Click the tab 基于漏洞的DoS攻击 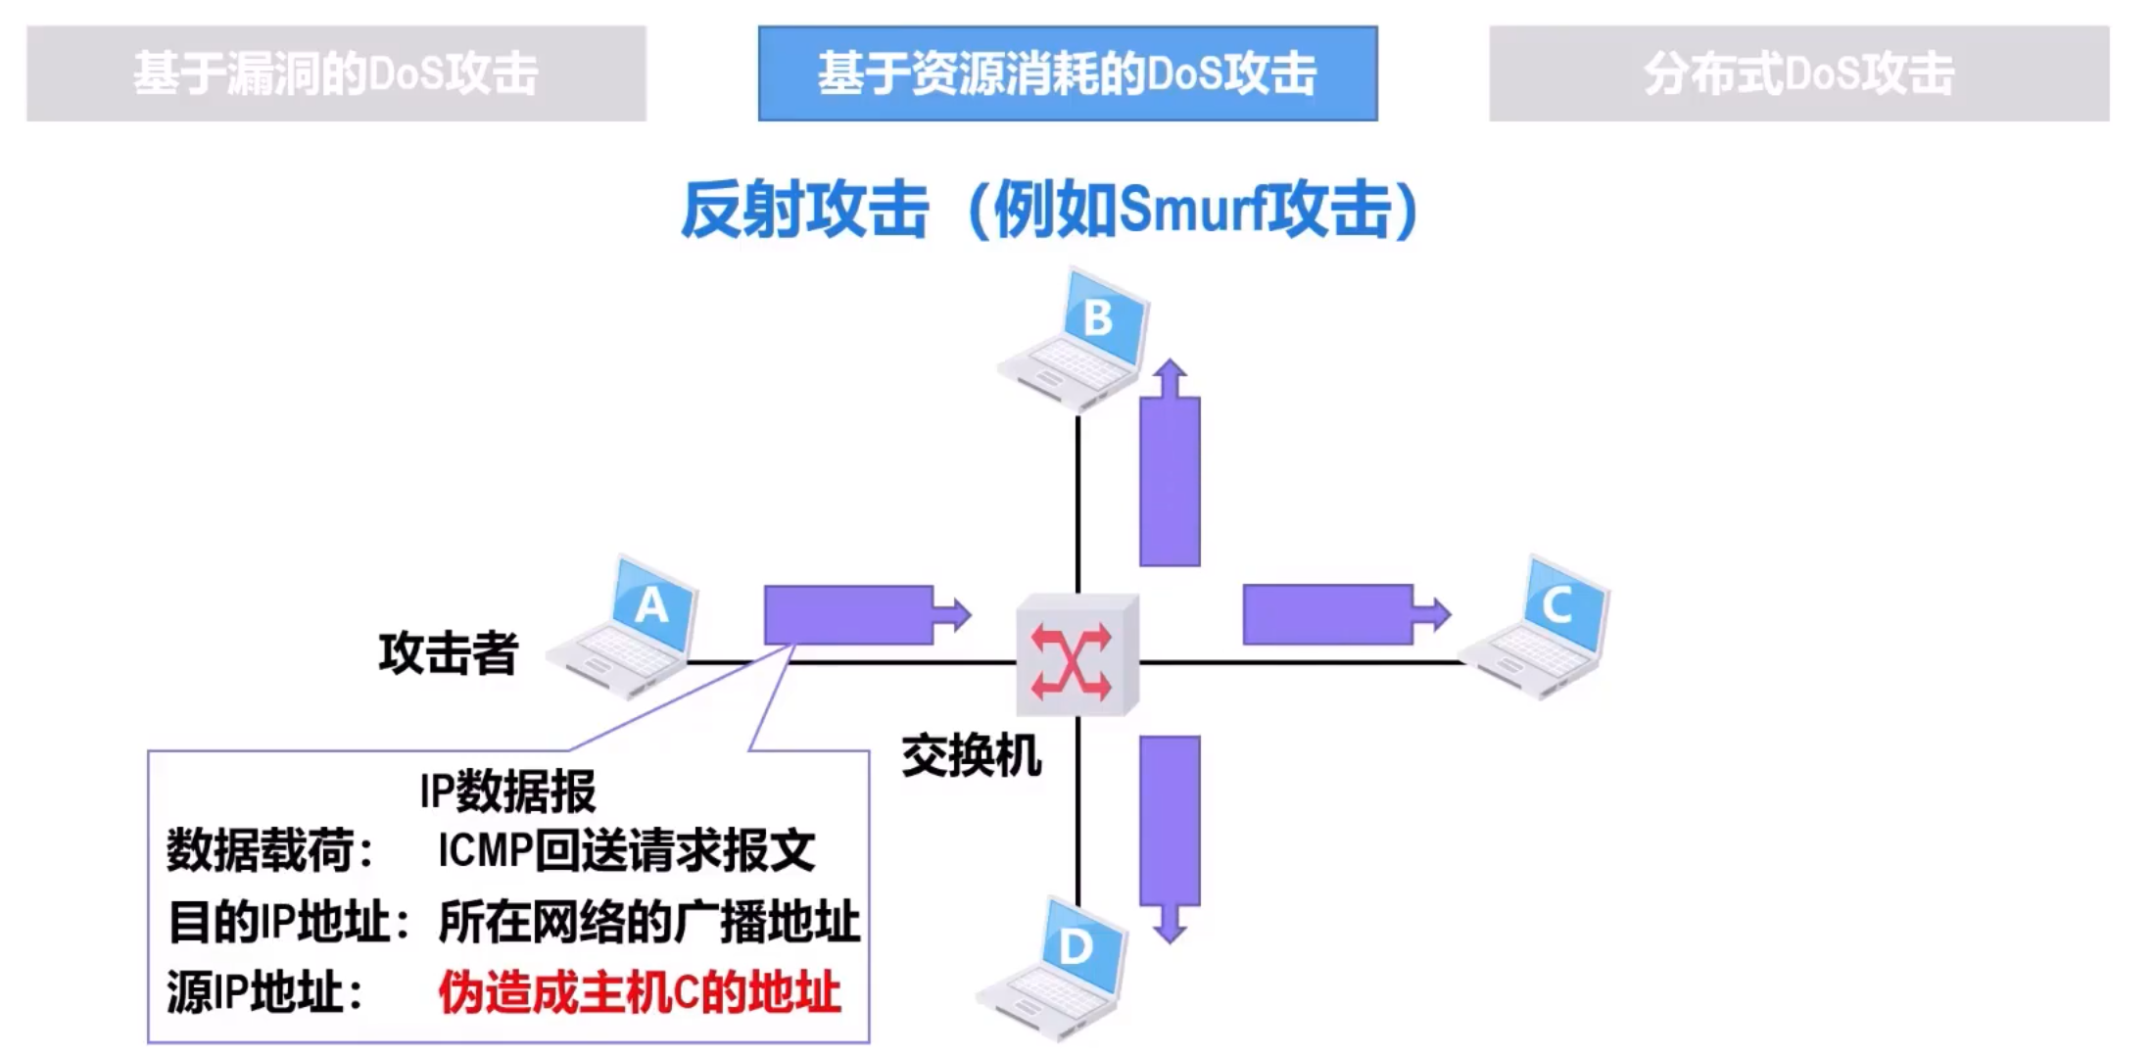(x=336, y=73)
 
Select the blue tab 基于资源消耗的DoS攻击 (x=1067, y=73)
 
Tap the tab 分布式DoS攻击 (x=1798, y=73)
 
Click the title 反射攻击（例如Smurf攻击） (x=1050, y=210)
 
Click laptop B (x=1077, y=338)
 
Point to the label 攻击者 (x=448, y=652)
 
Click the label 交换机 (x=971, y=756)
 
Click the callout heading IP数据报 (x=507, y=792)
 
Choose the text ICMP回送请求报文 (x=626, y=850)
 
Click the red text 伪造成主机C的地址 (x=639, y=992)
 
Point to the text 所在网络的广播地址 (x=648, y=921)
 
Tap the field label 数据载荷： (x=270, y=850)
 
